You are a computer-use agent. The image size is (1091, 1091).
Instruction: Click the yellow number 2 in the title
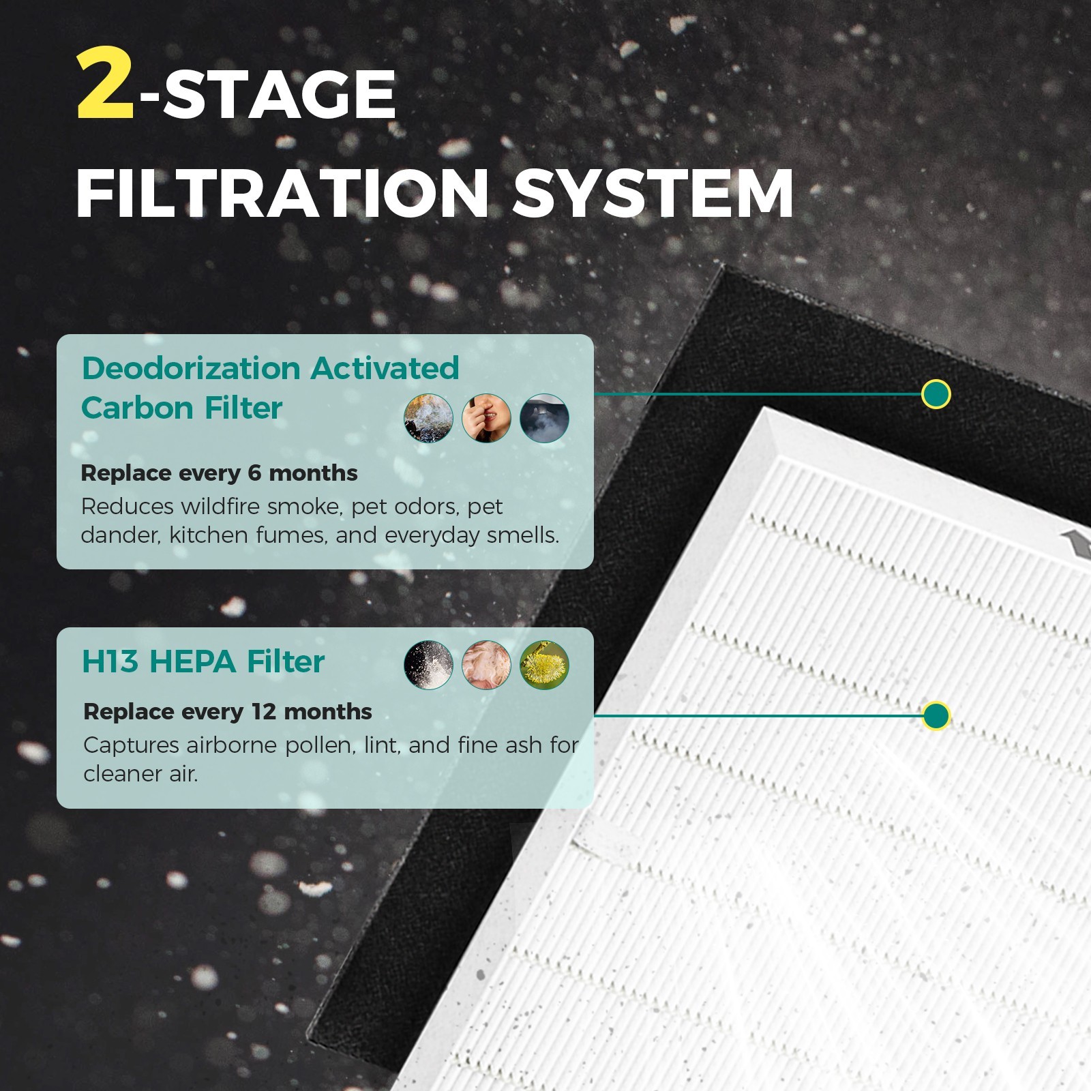(106, 87)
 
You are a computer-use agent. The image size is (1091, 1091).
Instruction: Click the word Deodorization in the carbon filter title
(191, 368)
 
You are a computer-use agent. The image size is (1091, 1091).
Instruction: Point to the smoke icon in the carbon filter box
(428, 418)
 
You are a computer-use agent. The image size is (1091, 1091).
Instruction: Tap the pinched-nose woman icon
(486, 418)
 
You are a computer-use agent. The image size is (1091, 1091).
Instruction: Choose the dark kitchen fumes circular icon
(544, 418)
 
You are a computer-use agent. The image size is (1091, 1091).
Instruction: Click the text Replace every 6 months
(219, 473)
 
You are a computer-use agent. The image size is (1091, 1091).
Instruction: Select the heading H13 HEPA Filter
(203, 661)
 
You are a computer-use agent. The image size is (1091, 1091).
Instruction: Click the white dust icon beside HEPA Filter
(428, 665)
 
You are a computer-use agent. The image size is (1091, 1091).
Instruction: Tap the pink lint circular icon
(486, 665)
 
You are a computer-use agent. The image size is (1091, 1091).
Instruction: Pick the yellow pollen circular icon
(544, 665)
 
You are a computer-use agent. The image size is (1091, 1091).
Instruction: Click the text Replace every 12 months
(228, 711)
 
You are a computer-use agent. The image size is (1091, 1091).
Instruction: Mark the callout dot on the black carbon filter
(936, 394)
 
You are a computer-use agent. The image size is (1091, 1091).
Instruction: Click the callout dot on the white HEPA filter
(936, 716)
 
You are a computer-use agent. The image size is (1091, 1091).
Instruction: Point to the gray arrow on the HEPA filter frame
(1076, 543)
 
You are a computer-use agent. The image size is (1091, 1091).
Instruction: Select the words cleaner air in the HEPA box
(140, 774)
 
